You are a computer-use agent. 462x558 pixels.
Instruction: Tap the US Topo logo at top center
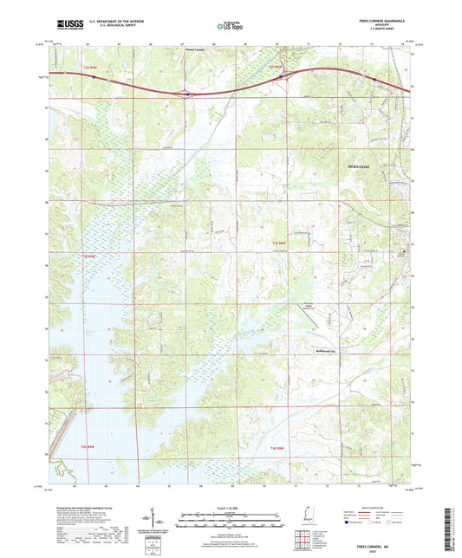[231, 27]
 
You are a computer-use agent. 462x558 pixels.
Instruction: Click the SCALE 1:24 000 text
[231, 507]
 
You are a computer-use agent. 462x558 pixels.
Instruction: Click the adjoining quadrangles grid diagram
[302, 541]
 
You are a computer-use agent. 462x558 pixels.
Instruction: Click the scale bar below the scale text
[231, 516]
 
